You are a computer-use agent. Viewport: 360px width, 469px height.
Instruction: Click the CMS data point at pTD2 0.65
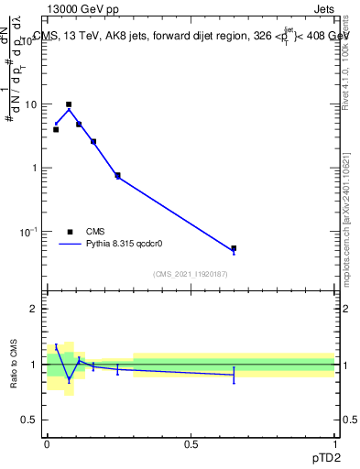(x=234, y=248)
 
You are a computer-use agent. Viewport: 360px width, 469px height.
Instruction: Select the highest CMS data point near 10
(x=69, y=104)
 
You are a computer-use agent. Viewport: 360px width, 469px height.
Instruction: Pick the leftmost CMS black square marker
(x=56, y=129)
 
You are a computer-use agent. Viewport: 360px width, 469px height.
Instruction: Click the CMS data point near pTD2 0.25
(x=117, y=175)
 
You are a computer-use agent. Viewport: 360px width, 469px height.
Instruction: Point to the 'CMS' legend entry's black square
(x=70, y=232)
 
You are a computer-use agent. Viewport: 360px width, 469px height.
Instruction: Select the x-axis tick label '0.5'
(x=191, y=442)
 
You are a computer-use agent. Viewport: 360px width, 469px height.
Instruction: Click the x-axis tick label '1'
(x=334, y=442)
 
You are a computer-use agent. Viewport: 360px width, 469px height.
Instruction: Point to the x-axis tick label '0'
(x=47, y=442)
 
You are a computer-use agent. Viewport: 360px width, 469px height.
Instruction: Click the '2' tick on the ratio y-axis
(x=34, y=309)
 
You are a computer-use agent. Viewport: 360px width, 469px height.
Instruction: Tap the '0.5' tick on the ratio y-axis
(x=30, y=420)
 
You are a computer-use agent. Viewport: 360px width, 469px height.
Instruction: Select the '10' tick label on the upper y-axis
(x=30, y=104)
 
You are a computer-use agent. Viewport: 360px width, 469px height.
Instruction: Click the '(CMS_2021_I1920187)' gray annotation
(x=191, y=274)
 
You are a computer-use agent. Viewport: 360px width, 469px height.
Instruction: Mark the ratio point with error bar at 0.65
(x=234, y=375)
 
